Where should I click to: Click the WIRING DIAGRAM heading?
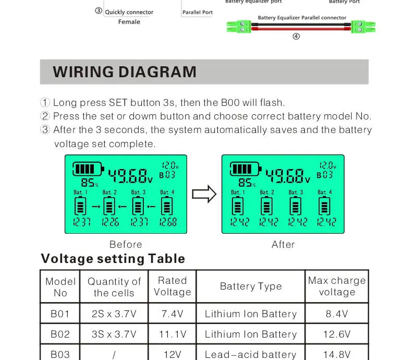pos(125,72)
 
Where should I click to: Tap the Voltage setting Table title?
pos(113,259)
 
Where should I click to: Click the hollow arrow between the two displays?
pos(204,195)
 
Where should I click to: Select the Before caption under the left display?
pos(126,244)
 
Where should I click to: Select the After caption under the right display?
pos(283,244)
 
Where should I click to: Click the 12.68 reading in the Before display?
pos(168,222)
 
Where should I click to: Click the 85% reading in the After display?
pos(246,183)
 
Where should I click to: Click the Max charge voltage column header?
pos(337,286)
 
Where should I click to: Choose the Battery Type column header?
pos(251,286)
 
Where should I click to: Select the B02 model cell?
pos(60,334)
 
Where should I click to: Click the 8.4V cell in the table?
pos(337,314)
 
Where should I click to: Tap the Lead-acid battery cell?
pos(251,354)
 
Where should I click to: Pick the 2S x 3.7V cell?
pos(114,314)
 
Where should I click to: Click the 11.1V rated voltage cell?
pos(172,334)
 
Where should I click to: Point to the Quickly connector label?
pos(129,12)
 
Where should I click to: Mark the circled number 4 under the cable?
pos(296,37)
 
